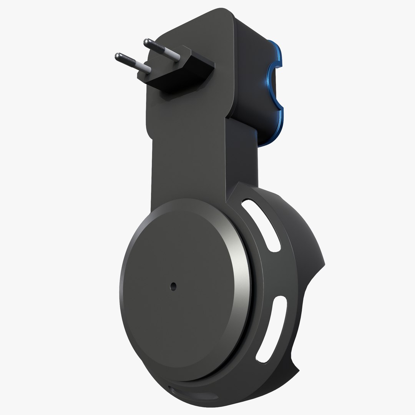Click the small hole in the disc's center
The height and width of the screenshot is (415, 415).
tap(173, 286)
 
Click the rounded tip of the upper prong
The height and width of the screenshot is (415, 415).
tap(146, 42)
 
